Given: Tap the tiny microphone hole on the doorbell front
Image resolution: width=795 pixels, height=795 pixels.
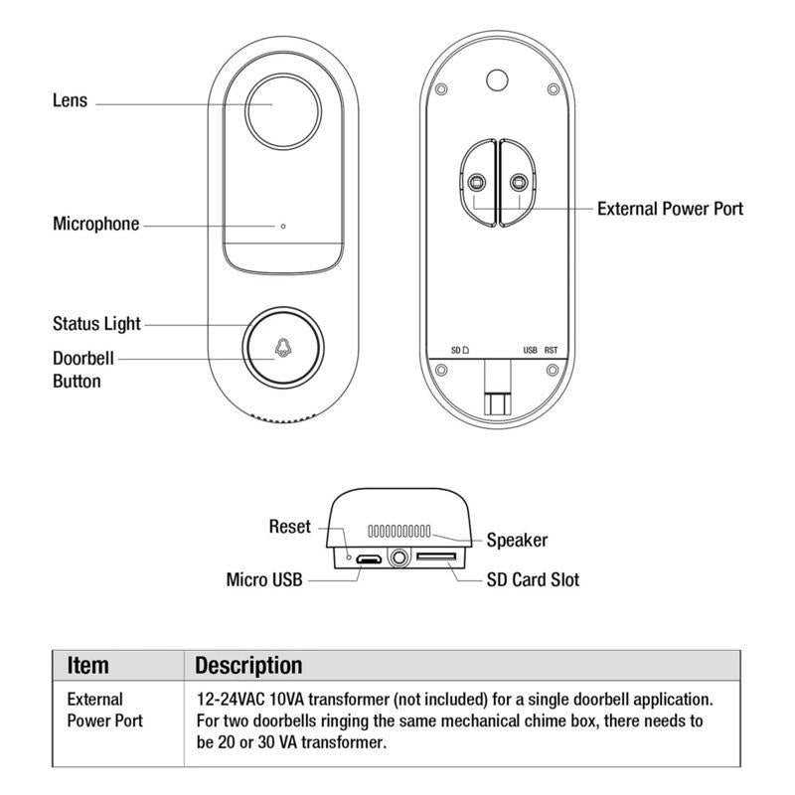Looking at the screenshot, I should [283, 226].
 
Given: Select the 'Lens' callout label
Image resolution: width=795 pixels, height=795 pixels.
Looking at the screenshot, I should [70, 100].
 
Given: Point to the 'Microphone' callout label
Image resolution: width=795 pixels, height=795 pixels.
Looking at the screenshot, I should [95, 224].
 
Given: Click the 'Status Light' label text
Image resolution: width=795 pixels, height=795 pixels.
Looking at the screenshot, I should [96, 324].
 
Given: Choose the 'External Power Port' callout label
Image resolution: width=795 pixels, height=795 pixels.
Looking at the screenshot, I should [670, 209].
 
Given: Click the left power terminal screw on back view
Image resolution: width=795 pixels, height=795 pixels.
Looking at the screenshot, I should [476, 183].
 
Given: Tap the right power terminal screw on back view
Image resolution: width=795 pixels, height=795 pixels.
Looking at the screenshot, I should [518, 183].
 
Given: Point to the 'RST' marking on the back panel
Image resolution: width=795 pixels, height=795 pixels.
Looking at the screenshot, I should [552, 351].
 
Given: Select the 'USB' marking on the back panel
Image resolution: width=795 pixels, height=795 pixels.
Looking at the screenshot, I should [531, 351].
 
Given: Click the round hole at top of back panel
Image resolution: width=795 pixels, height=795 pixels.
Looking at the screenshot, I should [494, 79].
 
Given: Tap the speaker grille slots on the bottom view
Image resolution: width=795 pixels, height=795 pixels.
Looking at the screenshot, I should [398, 532].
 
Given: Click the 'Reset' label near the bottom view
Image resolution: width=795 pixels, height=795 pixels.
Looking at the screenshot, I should [290, 527].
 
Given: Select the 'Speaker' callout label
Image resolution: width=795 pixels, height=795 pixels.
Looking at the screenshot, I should [517, 541].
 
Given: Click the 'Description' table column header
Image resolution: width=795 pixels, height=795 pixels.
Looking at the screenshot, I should [248, 665].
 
